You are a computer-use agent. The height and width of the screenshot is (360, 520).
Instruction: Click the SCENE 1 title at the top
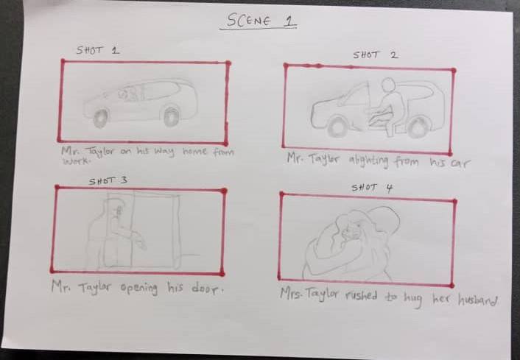click(258, 21)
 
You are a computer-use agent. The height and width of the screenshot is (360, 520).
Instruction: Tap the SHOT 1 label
click(98, 50)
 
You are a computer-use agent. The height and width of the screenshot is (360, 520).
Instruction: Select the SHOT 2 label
click(375, 54)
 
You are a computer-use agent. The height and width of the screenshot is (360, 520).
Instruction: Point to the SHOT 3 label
click(108, 180)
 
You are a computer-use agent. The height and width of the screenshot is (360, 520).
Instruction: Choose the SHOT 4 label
click(372, 188)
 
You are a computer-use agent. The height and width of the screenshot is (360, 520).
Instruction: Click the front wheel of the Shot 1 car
click(101, 118)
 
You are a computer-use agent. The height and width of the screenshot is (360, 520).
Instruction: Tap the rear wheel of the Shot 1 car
click(172, 116)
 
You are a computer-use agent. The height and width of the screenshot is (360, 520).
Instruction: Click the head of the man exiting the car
click(387, 84)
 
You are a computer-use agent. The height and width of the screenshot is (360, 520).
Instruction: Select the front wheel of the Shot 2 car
click(338, 127)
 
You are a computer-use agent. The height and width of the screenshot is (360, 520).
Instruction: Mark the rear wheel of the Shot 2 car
click(418, 127)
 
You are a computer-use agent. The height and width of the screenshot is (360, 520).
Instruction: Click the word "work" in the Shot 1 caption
click(77, 161)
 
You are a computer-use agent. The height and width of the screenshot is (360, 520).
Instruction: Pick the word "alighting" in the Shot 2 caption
click(368, 161)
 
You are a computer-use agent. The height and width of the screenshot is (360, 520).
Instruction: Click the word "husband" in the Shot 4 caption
click(477, 300)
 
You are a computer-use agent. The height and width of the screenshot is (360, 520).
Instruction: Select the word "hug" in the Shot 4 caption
click(413, 299)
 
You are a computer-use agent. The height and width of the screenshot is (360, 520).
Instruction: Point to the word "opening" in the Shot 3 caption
click(139, 287)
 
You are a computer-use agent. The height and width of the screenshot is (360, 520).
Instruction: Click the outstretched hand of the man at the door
click(141, 242)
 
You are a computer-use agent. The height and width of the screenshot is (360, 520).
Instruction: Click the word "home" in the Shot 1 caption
click(195, 152)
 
